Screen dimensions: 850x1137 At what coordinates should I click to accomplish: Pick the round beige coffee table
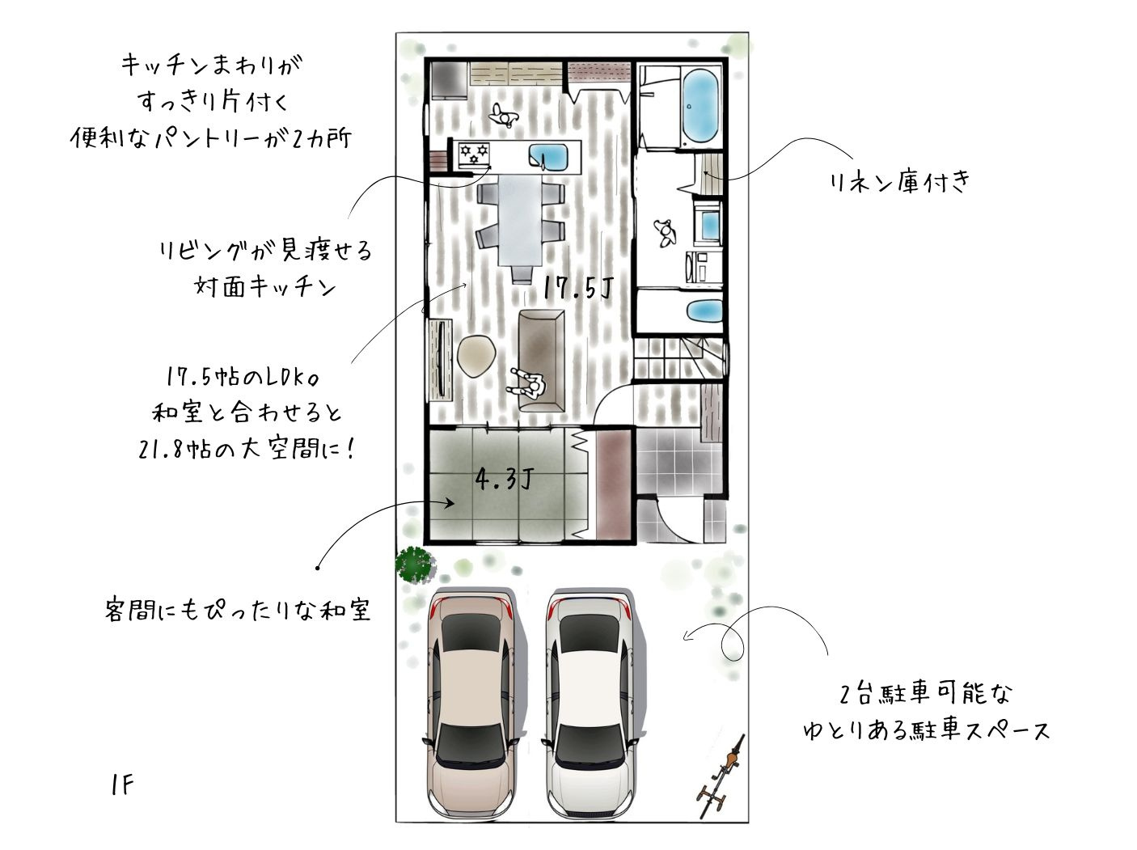[476, 356]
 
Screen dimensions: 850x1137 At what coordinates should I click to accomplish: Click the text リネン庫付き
[898, 183]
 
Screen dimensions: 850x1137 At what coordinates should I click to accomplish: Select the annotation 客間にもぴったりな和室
[238, 609]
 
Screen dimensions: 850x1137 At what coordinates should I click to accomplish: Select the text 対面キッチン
[265, 285]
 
